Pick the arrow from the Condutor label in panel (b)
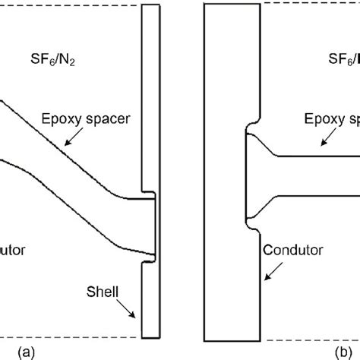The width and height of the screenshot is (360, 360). click(x=270, y=268)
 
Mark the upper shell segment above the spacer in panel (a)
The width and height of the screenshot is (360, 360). click(x=151, y=99)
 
